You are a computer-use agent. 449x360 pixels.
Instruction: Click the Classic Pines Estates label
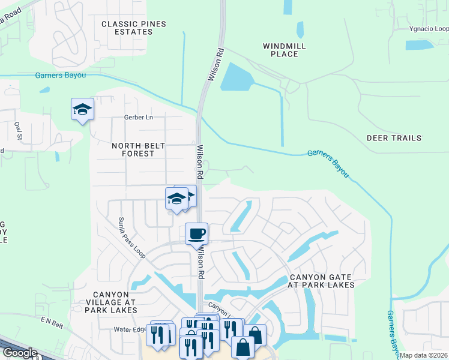pyautogui.click(x=133, y=28)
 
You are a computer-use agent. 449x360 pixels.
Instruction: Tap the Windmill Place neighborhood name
pyautogui.click(x=285, y=50)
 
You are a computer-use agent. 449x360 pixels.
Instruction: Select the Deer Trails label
pyautogui.click(x=394, y=138)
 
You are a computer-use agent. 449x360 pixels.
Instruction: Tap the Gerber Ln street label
pyautogui.click(x=139, y=118)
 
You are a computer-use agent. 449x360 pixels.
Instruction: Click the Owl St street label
pyautogui.click(x=19, y=130)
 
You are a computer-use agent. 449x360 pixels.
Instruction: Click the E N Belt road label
pyautogui.click(x=52, y=323)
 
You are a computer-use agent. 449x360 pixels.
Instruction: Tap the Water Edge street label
pyautogui.click(x=130, y=329)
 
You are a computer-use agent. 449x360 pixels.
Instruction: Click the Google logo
pyautogui.click(x=19, y=353)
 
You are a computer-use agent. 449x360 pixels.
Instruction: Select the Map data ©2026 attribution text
pyautogui.click(x=424, y=355)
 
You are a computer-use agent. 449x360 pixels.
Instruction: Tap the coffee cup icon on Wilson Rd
pyautogui.click(x=196, y=233)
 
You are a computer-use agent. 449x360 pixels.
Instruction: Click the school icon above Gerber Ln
pyautogui.click(x=82, y=109)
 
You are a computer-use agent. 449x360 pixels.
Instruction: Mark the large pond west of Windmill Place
pyautogui.click(x=237, y=77)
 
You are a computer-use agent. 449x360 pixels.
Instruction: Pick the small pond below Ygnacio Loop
pyautogui.click(x=420, y=45)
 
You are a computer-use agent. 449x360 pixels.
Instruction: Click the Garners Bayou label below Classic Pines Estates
pyautogui.click(x=60, y=76)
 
